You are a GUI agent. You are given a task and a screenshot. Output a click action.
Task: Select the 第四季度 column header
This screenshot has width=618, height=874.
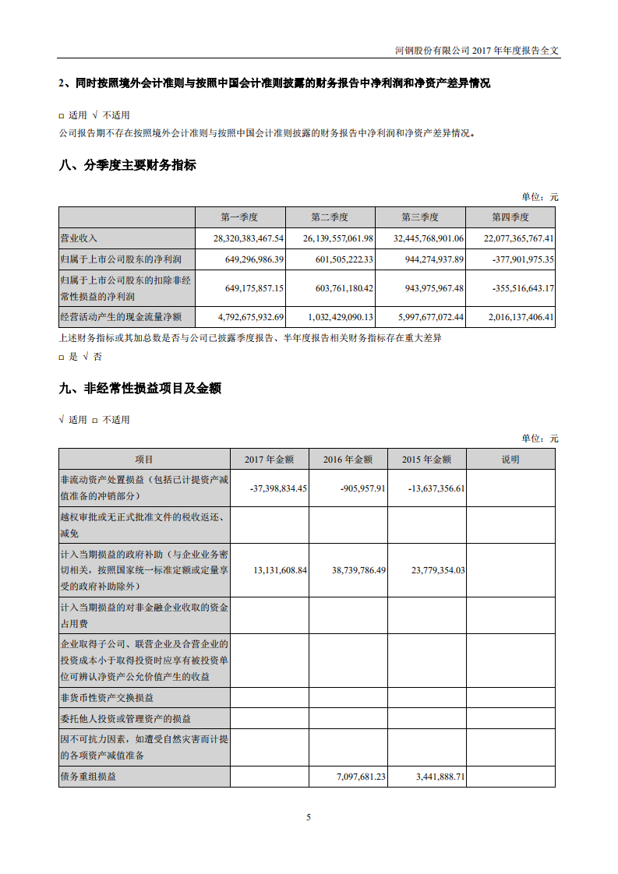510,217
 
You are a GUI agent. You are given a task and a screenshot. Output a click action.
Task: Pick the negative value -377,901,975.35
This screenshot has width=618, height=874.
512,259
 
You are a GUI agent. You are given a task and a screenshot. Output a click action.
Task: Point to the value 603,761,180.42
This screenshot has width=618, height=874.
333,288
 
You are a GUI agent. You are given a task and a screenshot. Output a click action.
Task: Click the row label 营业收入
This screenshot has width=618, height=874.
79,238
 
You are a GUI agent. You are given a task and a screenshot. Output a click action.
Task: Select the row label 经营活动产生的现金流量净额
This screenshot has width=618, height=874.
120,317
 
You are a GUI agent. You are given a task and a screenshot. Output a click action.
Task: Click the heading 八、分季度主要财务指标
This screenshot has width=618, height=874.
128,165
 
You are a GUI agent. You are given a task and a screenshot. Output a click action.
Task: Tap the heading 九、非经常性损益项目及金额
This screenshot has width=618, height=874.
140,388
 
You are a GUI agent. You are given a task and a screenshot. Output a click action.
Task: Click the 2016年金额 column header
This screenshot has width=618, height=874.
348,460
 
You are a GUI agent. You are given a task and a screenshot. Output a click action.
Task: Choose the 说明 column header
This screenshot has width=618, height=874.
510,460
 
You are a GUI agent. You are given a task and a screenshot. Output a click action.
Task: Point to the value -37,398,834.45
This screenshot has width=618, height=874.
269,488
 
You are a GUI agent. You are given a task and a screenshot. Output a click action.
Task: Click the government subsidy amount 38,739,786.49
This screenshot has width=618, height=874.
348,570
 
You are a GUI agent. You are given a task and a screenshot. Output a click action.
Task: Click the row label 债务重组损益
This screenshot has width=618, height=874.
88,777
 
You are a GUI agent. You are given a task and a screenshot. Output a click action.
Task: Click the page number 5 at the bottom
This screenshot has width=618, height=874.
309,817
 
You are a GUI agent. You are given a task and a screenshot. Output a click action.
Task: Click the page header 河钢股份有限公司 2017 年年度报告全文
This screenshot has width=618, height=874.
478,50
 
